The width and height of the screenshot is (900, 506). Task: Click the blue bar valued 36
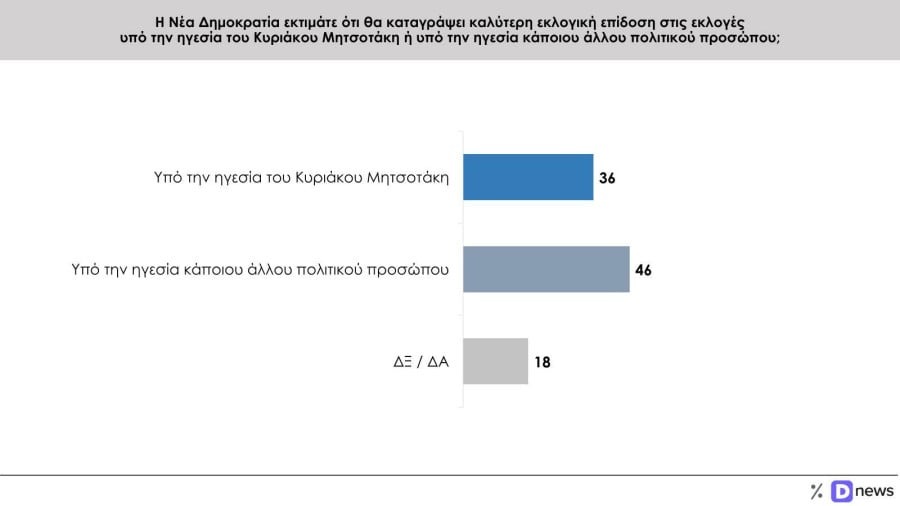coord(528,177)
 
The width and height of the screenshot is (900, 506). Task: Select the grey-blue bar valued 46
coord(546,269)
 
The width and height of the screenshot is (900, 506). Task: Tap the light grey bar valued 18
coord(495,361)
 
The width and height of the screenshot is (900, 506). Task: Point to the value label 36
coord(607,178)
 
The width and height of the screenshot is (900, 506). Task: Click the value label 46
coord(643,270)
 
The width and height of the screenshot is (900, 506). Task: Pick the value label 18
coord(541,362)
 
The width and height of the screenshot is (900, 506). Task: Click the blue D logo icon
coord(840,490)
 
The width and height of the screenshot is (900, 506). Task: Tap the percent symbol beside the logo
coord(816,490)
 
